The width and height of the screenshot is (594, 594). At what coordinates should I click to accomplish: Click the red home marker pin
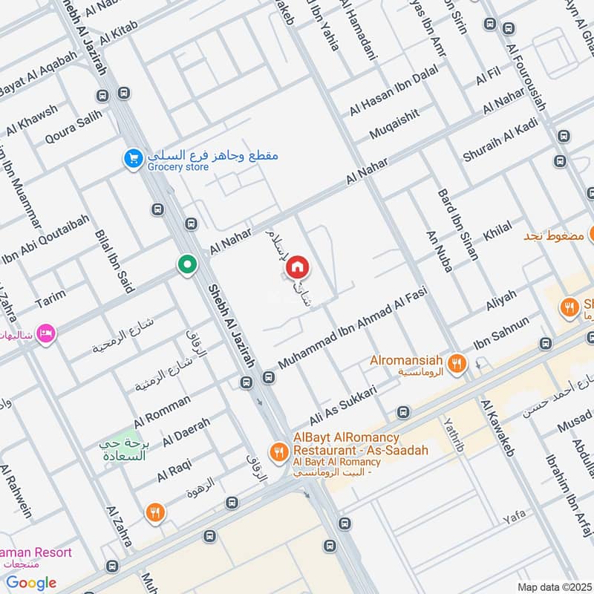pos(297,267)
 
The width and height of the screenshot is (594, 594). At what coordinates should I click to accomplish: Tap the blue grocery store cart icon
pos(133,160)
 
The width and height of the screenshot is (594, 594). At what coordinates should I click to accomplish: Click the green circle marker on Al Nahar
pos(187,264)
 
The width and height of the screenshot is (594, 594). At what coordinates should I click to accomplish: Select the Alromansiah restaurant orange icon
pos(457,363)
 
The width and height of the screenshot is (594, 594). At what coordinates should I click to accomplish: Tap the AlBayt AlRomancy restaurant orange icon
pos(279,451)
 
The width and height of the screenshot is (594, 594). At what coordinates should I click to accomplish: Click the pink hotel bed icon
pos(45,333)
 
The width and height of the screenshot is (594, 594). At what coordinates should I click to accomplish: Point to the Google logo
pos(31,582)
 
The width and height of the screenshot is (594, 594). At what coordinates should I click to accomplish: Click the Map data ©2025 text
pos(554,587)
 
